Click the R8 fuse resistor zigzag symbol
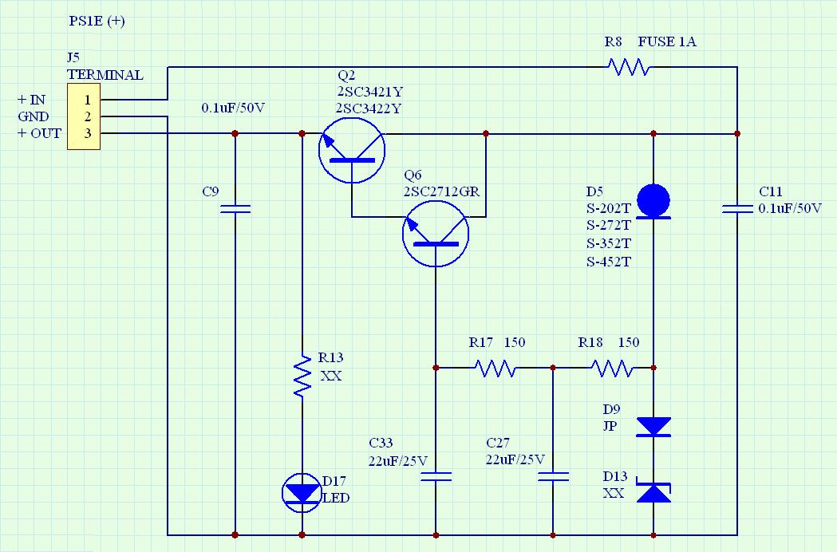point(629,67)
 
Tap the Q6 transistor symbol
point(436,234)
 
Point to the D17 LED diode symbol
point(302,492)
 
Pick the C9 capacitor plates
point(235,209)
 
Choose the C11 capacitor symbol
point(737,209)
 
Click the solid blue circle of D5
point(653,200)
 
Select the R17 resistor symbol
point(495,368)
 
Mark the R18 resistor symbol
point(612,368)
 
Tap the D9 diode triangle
point(653,427)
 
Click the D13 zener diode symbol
point(653,492)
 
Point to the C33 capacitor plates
point(436,477)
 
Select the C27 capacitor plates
point(553,477)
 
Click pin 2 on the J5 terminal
point(88,116)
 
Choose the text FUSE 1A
point(667,41)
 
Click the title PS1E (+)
point(97,21)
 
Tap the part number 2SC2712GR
point(441,191)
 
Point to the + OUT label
point(40,133)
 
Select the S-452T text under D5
point(609,262)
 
